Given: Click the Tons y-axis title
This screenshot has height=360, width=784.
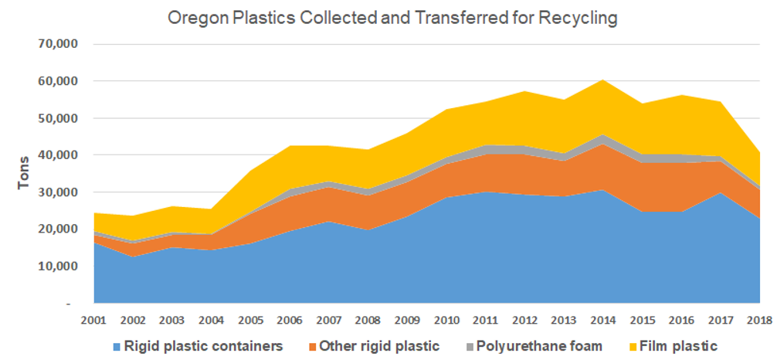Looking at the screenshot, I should [x=25, y=174].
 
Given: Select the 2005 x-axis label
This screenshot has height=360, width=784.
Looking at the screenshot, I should [x=251, y=319].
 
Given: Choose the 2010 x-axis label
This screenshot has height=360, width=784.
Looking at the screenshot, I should [x=446, y=319].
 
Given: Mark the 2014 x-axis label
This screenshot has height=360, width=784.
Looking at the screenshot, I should [x=602, y=319].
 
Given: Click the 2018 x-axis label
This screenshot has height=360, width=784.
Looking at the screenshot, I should [x=759, y=319].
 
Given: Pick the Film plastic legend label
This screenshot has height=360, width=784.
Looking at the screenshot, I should [x=678, y=346].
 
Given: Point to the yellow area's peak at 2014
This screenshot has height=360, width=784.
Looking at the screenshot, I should [x=602, y=80].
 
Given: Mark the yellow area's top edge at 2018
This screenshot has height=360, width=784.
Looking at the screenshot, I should [x=759, y=152].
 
